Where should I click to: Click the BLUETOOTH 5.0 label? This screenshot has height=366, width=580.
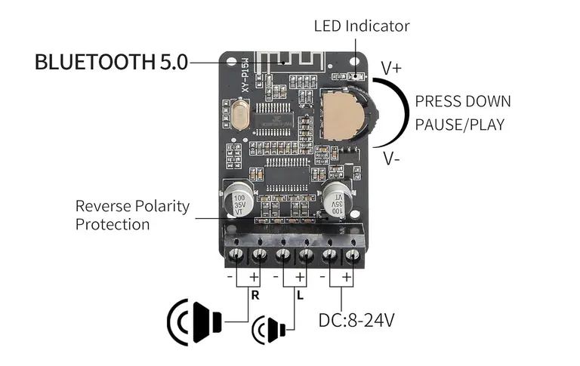pos(111,62)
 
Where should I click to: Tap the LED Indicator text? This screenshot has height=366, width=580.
pos(362,26)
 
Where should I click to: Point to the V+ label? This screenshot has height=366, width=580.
pos(391,69)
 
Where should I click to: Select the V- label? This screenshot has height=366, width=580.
pos(391,158)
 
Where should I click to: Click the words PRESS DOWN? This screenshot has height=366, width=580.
pos(463,101)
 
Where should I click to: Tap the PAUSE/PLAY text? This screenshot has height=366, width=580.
pos(460,125)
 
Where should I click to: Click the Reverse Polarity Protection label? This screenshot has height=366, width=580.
pos(132,215)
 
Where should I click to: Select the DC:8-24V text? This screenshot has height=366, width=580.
pos(356,320)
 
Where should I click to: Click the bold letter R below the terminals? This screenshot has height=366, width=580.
pos(255,295)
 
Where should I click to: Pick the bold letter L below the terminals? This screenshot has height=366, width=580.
pos(300,295)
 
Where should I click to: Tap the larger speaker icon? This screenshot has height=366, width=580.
pos(195,322)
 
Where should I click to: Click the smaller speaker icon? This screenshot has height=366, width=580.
pos(269,329)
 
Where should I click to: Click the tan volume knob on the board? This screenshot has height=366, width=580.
pos(342,114)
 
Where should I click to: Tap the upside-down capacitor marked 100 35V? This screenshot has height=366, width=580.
pos(338,200)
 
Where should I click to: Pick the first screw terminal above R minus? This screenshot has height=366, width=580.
pos(236,255)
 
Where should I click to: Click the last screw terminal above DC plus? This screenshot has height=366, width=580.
pos(353,255)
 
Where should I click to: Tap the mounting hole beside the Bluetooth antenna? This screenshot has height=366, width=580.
pos(231,60)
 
